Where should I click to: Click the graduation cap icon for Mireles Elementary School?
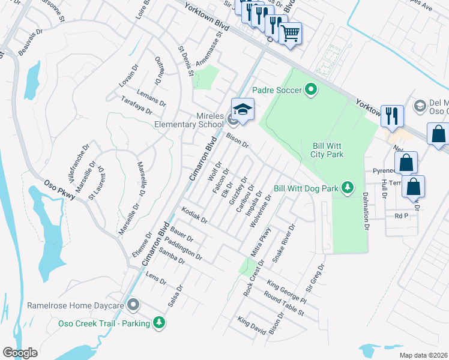(243, 110)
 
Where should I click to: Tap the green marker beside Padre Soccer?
(310, 90)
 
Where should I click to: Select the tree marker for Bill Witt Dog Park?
(347, 188)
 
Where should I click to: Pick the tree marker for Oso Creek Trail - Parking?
(159, 323)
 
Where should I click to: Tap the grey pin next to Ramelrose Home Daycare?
(134, 305)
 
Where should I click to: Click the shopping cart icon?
(291, 33)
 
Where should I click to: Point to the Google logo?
(19, 353)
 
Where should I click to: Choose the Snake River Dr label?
(285, 243)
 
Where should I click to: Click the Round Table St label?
(284, 304)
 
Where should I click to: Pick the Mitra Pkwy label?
(261, 242)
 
